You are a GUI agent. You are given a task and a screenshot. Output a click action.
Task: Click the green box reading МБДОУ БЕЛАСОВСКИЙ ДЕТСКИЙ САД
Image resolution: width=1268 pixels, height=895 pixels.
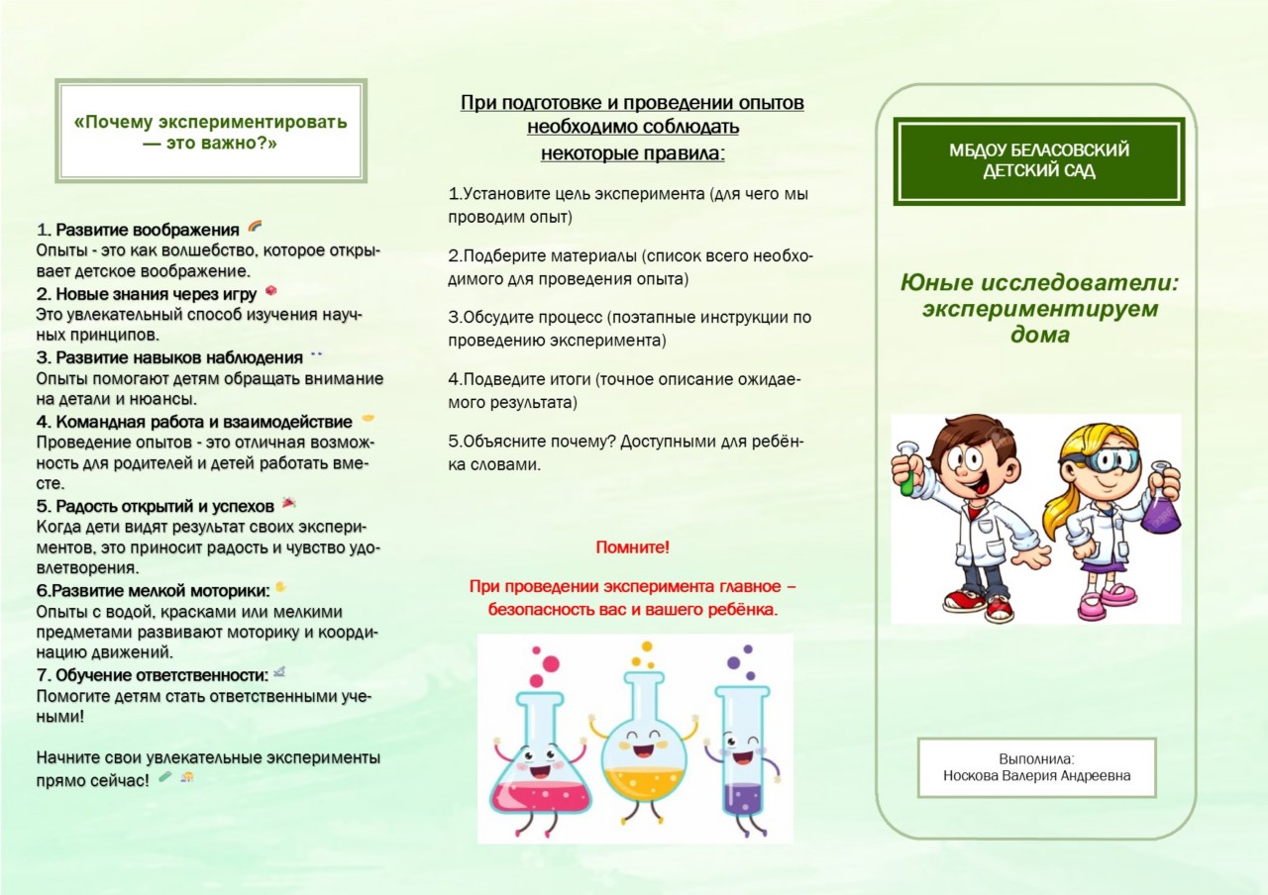1039,160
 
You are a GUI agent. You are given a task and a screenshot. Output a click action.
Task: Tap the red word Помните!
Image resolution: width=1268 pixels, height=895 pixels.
632,547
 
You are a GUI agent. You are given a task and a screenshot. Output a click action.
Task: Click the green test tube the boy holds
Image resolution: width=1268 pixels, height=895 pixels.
904,475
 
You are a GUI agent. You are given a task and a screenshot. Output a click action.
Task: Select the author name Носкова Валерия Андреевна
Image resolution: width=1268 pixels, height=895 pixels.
1036,776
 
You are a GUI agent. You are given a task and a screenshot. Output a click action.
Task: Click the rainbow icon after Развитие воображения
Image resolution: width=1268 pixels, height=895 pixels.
255,228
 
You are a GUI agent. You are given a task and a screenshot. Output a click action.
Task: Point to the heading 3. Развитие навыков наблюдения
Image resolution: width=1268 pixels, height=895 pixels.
169,357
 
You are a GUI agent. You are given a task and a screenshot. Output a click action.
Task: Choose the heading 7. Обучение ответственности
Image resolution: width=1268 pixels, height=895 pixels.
153,675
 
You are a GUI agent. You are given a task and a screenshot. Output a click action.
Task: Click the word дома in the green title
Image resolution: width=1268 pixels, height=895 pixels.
1039,335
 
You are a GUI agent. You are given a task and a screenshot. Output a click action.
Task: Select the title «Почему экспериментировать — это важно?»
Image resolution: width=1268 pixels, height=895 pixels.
211,132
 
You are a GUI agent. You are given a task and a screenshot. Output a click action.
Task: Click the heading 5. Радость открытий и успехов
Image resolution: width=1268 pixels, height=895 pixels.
156,506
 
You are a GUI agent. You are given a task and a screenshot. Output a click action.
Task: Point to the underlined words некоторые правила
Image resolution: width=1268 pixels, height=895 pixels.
632,152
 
